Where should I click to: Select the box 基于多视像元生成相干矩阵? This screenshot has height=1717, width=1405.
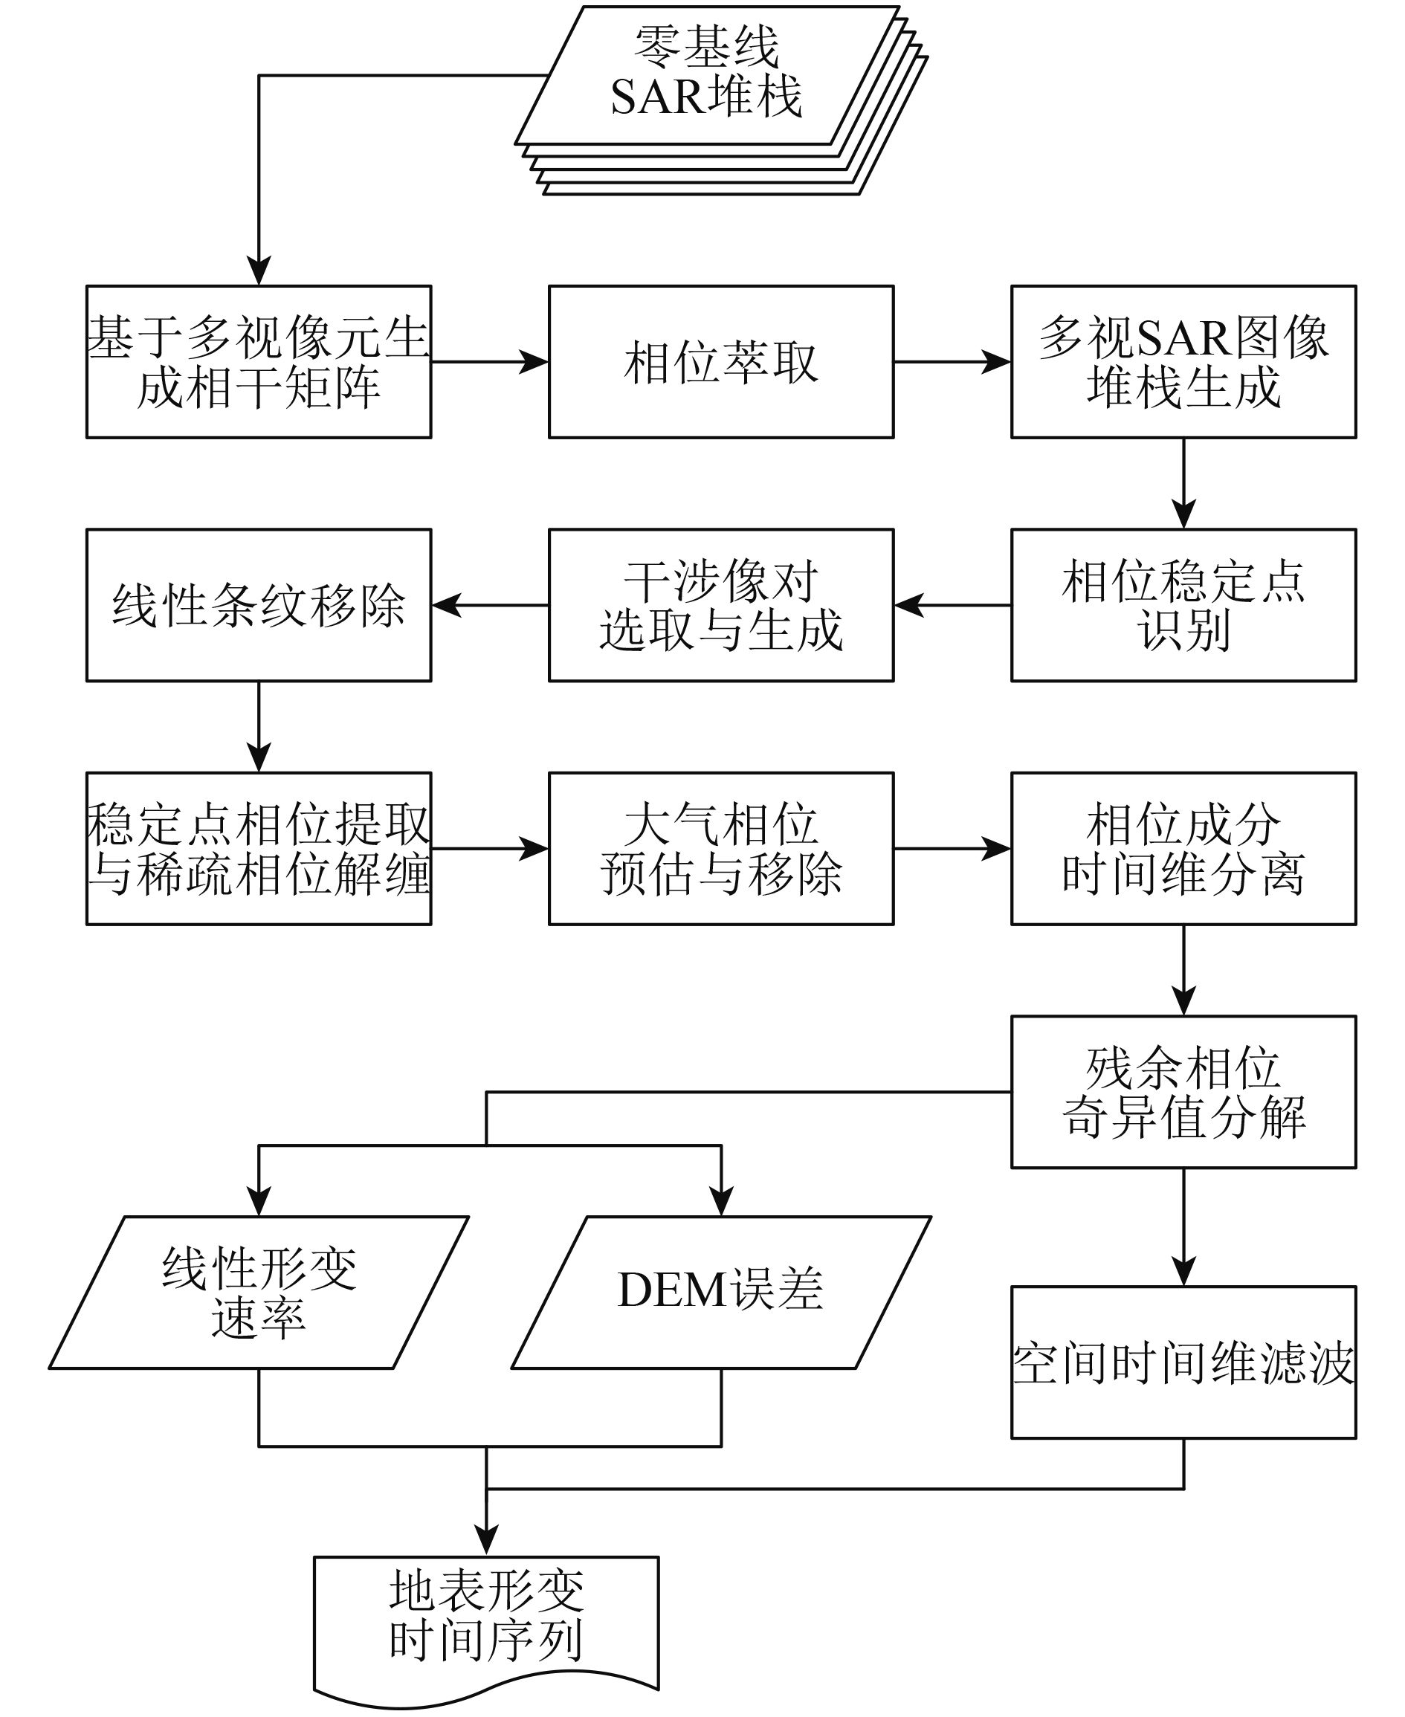tap(259, 362)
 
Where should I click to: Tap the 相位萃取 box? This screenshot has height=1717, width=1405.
tap(721, 362)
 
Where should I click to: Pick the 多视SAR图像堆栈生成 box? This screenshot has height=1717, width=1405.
tap(1183, 362)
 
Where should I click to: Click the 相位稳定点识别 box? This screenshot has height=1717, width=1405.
tap(1183, 605)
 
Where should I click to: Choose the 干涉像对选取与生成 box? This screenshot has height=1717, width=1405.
tap(721, 605)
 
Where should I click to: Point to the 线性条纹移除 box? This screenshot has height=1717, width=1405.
tap(259, 605)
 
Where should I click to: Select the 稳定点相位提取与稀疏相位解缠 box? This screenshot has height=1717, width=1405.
tap(259, 849)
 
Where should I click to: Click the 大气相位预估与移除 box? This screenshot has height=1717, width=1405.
tap(721, 849)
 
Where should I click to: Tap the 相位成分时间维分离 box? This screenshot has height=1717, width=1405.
tap(1183, 849)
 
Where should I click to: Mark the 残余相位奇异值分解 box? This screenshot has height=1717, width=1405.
tap(1183, 1093)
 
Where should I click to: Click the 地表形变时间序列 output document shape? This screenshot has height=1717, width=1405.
tap(486, 1632)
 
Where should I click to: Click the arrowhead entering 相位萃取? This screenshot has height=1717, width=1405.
tap(534, 362)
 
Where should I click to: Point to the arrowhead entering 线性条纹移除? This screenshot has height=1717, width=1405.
tap(447, 605)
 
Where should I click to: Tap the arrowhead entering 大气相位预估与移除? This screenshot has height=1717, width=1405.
tap(534, 849)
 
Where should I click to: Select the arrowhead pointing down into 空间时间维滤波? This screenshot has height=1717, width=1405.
tap(1183, 1271)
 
